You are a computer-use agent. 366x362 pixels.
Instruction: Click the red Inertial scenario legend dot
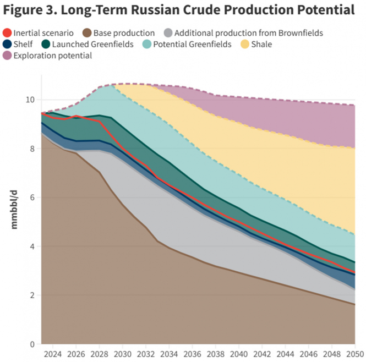(x=7, y=33)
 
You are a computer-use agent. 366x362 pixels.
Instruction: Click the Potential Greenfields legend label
(x=193, y=44)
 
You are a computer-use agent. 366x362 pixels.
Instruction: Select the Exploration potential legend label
(x=52, y=55)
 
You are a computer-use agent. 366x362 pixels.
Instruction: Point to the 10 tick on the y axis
(x=30, y=100)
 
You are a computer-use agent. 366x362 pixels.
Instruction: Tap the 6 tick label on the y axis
(x=32, y=198)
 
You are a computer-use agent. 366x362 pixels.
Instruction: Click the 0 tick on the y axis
(x=32, y=344)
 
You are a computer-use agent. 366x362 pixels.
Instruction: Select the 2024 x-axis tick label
(x=53, y=354)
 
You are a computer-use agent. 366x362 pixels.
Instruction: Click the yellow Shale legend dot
(x=243, y=44)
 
